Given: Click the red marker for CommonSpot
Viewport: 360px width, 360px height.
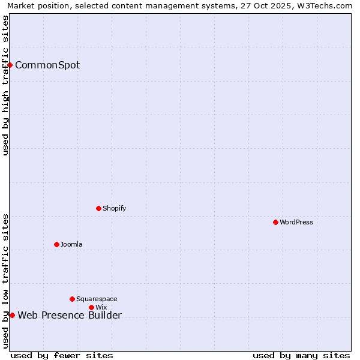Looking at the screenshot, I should [10, 65].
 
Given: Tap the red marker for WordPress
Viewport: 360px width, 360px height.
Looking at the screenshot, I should [275, 222].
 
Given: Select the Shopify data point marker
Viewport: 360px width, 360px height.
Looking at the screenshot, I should [99, 208].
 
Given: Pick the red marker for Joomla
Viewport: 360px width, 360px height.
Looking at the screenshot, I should [57, 244].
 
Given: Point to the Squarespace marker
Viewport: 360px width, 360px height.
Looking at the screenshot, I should [73, 299].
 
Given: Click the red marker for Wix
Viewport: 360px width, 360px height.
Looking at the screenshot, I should [92, 307].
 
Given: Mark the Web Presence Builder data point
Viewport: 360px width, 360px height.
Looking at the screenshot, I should [12, 315].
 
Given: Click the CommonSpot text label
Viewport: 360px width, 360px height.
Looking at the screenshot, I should [47, 65].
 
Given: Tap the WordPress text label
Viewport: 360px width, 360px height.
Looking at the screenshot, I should [296, 222].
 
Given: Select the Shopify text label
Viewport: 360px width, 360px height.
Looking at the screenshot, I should [115, 208].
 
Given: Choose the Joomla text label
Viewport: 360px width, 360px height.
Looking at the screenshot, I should [71, 244].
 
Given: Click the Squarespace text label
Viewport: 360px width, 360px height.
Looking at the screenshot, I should [97, 299].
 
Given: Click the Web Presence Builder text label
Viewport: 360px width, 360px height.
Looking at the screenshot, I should [70, 316].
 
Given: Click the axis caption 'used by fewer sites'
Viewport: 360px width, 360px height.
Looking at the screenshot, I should [62, 355].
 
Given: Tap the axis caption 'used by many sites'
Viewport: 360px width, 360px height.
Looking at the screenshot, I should [301, 355].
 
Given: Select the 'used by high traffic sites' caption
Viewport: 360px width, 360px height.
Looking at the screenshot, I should [5, 85].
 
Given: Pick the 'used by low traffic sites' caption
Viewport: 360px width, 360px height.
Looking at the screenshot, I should [5, 280].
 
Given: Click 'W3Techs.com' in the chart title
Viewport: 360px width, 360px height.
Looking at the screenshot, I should [329, 5].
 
